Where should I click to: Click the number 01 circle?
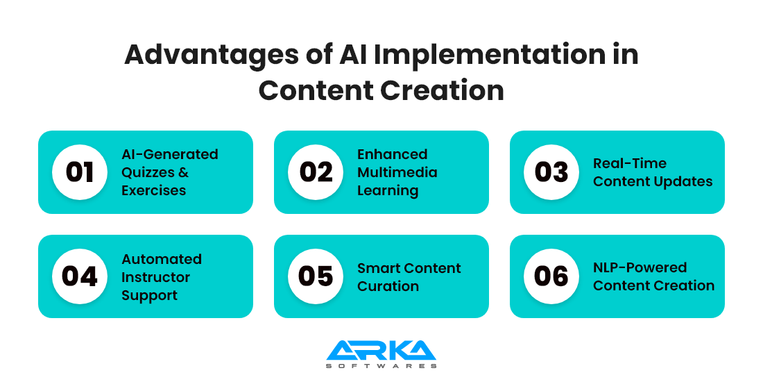80,172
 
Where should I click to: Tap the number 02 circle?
316,172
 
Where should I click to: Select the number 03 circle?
551,172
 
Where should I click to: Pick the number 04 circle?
80,276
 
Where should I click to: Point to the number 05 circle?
316,276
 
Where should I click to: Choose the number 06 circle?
551,276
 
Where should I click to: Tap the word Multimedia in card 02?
397,172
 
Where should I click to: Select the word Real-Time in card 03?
629,163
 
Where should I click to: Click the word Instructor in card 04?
155,277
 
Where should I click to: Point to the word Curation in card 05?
388,286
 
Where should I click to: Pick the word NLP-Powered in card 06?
640,267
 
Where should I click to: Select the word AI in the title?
350,55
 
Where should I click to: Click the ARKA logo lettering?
381,350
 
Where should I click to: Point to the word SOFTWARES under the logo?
381,365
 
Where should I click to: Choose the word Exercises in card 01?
155,190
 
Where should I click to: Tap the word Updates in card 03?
687,181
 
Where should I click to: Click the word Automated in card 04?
162,259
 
